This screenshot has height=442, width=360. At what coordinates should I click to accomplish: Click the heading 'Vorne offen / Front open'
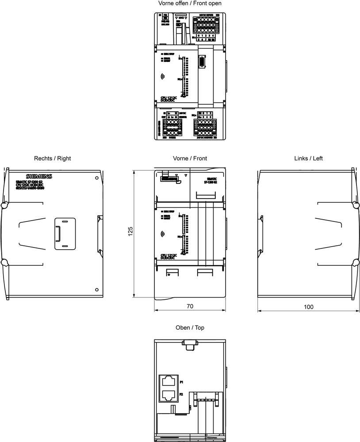pos(190,4)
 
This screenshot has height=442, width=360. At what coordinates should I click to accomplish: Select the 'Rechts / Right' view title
pos(52,158)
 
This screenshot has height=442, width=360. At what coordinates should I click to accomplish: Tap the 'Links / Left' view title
pos(308,158)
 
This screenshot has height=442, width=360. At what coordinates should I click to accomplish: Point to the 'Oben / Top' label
pos(190,328)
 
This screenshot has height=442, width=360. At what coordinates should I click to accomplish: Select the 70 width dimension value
pos(190,306)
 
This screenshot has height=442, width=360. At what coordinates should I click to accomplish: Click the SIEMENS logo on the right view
pos(39,176)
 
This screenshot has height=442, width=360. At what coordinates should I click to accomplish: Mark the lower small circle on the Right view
pos(97,290)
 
